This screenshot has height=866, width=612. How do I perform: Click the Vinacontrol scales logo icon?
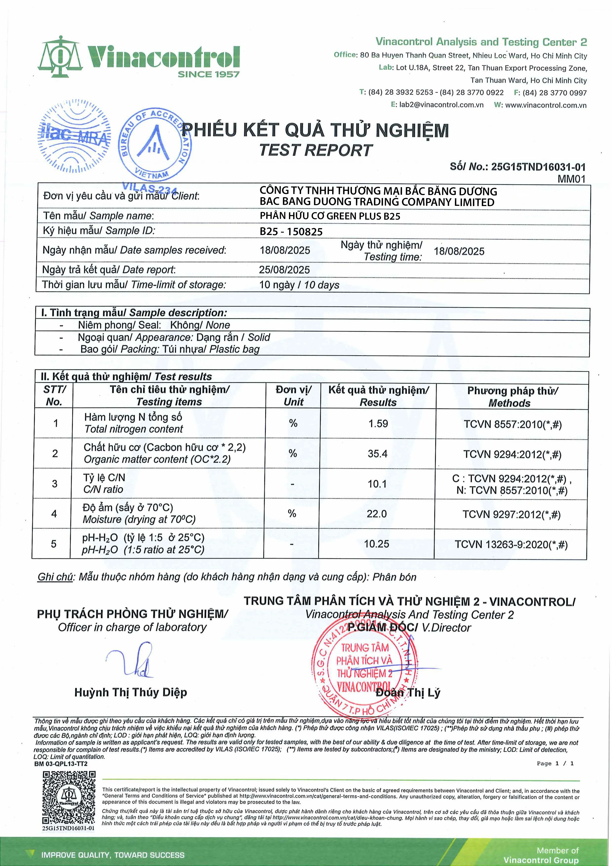(x=60, y=57)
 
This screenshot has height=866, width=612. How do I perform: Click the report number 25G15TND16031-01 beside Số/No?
(x=538, y=167)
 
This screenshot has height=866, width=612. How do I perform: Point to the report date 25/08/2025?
(x=284, y=270)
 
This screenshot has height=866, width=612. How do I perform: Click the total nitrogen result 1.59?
(x=378, y=423)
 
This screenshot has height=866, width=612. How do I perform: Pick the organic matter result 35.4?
(x=378, y=454)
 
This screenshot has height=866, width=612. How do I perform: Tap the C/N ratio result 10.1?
(x=377, y=484)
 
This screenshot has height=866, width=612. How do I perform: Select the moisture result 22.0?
(x=377, y=514)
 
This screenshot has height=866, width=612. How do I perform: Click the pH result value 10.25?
(x=376, y=544)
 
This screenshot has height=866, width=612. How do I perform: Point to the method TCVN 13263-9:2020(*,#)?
(x=511, y=545)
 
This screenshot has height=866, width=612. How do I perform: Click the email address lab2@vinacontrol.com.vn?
(x=441, y=105)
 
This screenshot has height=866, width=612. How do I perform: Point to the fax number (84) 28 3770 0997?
(x=554, y=93)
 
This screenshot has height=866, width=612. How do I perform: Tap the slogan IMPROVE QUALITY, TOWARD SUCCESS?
(x=113, y=855)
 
